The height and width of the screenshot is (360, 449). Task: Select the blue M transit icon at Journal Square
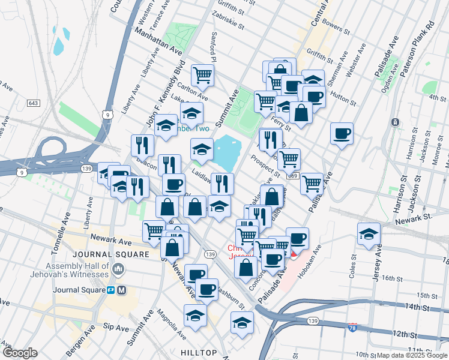tap(122, 290)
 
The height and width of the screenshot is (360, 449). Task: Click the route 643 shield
tap(34, 104)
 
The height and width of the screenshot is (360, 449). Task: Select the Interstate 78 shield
tap(354, 328)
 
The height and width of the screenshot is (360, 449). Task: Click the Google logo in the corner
tap(20, 353)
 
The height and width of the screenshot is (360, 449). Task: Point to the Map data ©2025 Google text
tap(411, 355)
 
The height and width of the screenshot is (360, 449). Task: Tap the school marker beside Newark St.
tap(369, 235)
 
